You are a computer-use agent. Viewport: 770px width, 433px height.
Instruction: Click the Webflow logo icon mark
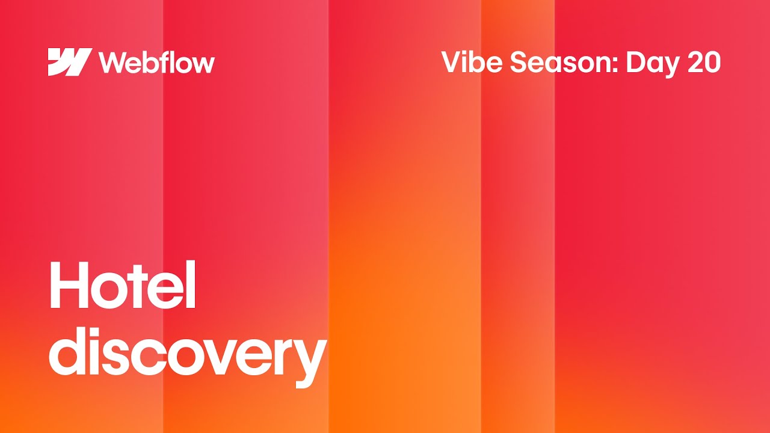pos(70,62)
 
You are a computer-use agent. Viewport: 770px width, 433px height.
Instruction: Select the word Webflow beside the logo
pos(156,63)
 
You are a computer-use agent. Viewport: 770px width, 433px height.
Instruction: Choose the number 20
pos(704,63)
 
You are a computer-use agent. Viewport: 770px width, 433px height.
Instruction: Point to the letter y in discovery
pos(310,361)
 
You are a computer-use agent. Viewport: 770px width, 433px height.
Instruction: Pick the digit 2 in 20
pos(695,63)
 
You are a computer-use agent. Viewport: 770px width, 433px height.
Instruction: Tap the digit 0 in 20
pos(712,63)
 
